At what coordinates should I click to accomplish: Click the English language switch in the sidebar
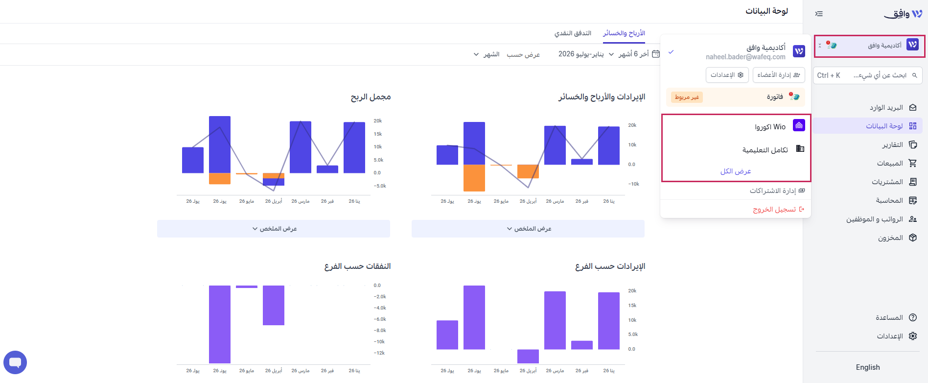tap(868, 367)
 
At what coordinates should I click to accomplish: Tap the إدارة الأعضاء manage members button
tap(779, 75)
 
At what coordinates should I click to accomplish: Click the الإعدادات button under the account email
tap(727, 75)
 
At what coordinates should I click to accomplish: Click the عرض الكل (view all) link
tap(736, 171)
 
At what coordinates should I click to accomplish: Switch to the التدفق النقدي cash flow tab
tap(573, 33)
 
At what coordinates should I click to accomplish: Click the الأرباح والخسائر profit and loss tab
tap(624, 33)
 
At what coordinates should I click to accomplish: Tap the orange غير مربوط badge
tap(687, 97)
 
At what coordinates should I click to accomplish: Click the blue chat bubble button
tap(15, 362)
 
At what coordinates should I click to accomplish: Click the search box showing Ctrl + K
tap(868, 75)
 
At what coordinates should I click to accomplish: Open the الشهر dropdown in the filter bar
tap(486, 54)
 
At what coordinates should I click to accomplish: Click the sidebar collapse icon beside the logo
tap(819, 14)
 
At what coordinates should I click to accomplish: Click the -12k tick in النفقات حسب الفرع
tap(379, 353)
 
